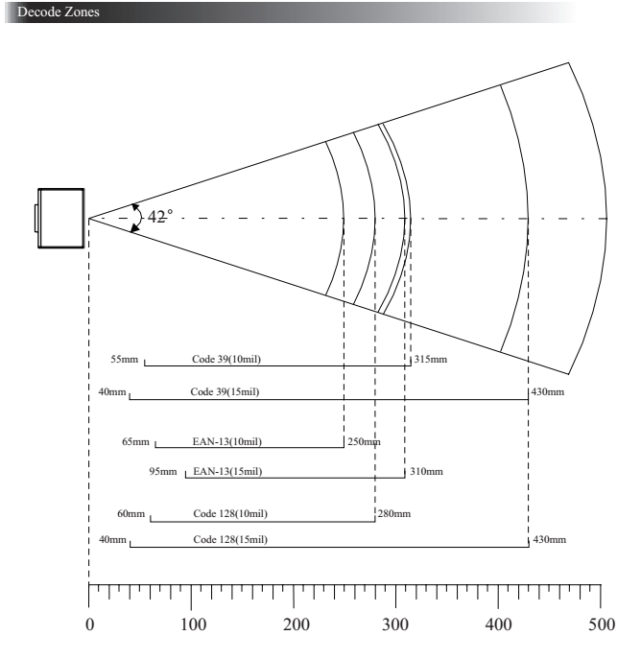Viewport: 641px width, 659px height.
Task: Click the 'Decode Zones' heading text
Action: tap(59, 12)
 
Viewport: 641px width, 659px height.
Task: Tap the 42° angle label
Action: tap(160, 217)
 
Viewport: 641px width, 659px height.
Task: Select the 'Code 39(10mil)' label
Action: tap(226, 360)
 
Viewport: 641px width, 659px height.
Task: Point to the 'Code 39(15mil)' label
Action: tap(225, 391)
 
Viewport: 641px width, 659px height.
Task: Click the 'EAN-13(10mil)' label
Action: tap(227, 441)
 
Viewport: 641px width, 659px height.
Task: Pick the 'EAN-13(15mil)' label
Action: tap(227, 472)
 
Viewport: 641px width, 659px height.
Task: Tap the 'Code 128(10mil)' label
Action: tap(230, 513)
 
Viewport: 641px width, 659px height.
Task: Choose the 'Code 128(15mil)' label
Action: tap(230, 540)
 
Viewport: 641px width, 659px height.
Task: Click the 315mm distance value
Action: tap(431, 360)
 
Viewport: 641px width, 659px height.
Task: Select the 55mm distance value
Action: tap(125, 360)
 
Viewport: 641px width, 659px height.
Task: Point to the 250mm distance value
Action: tap(364, 441)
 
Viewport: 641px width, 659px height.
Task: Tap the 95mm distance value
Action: tap(163, 472)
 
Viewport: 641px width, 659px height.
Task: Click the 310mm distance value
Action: tap(427, 472)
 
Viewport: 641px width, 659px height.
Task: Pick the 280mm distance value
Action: tap(394, 513)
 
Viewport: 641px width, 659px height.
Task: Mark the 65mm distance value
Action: tap(135, 441)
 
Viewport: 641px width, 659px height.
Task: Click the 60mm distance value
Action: tap(131, 513)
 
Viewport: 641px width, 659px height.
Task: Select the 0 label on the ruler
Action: tap(90, 624)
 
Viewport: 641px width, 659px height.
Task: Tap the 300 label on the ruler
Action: tap(395, 624)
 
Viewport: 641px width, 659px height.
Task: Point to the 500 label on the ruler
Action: tap(602, 624)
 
